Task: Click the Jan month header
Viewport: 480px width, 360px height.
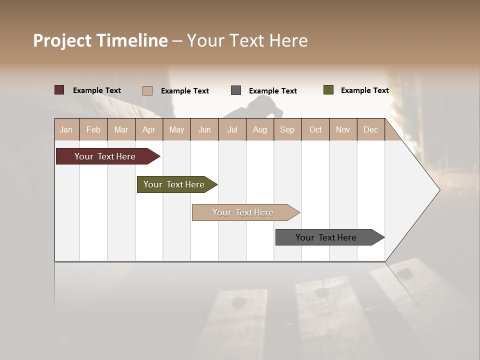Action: [x=66, y=129]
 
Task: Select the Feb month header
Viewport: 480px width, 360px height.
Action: [x=93, y=129]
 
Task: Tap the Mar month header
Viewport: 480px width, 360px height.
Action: [x=121, y=129]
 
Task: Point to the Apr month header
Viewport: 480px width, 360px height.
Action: [x=149, y=129]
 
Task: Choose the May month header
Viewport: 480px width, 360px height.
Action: [x=176, y=129]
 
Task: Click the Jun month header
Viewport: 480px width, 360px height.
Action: [x=204, y=129]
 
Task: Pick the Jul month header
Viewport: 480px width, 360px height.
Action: [x=232, y=129]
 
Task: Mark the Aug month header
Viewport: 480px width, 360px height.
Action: [x=260, y=129]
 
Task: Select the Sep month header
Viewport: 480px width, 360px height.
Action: [x=287, y=129]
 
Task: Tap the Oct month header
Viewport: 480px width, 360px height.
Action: [x=315, y=129]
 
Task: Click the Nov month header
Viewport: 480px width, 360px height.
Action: [x=343, y=129]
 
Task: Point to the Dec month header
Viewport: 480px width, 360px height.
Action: [x=371, y=129]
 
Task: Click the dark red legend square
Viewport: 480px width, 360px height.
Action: [x=59, y=90]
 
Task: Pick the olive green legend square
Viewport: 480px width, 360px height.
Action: [x=328, y=90]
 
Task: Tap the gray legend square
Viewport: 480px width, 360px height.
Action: [x=236, y=90]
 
